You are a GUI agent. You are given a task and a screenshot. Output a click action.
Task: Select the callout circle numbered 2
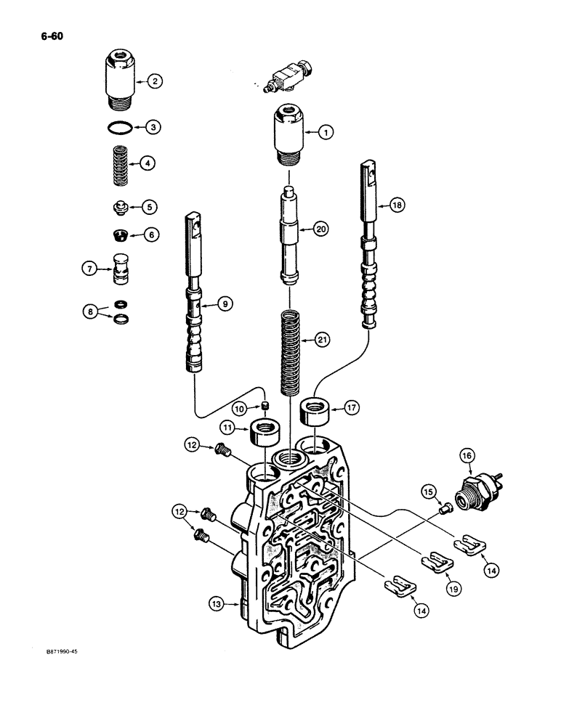tap(154, 82)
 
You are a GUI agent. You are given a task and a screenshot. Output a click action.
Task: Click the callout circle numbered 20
tap(321, 229)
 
